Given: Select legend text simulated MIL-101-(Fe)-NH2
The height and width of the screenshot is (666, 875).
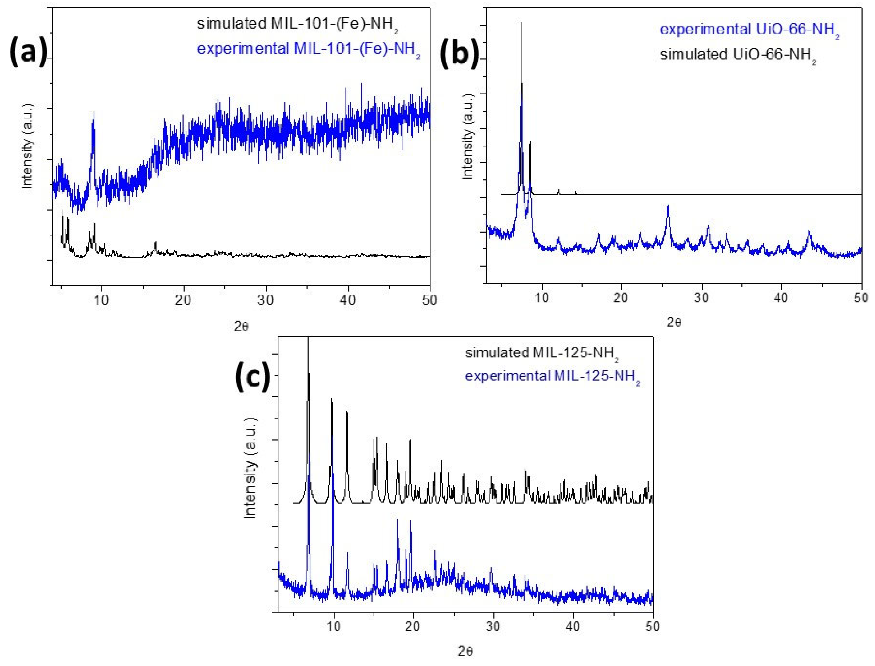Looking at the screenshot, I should point(297,25).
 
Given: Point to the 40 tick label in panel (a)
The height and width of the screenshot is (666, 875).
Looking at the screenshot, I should point(348,300).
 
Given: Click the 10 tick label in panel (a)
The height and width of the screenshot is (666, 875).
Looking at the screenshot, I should point(102,300).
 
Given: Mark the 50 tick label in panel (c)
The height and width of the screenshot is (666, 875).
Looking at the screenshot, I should point(653,627).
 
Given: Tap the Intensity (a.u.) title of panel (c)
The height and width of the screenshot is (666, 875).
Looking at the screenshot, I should point(250,468).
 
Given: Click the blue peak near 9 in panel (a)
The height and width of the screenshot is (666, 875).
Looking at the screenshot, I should point(94,113).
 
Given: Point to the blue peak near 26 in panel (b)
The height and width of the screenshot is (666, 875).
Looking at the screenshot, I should point(668,206).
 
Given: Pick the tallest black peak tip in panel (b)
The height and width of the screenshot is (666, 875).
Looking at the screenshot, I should point(521,23).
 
